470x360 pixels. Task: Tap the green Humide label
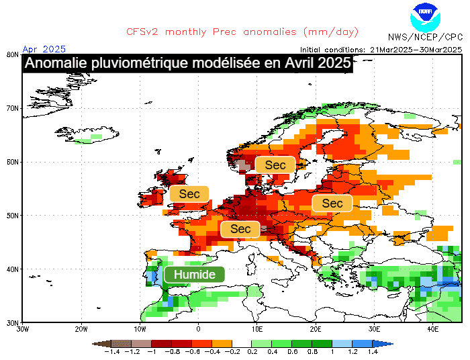tap(194, 275)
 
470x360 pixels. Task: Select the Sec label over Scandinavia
tap(275, 165)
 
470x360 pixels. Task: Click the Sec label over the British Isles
tap(189, 194)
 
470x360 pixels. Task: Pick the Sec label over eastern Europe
tap(332, 204)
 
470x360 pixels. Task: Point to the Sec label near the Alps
tap(240, 229)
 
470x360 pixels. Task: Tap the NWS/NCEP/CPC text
tap(425, 37)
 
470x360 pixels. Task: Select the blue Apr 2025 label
tap(44, 48)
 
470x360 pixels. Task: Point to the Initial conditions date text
tap(381, 49)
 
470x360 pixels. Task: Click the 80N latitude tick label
tap(11, 54)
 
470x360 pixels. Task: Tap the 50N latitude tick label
tap(11, 216)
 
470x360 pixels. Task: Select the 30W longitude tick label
tap(23, 329)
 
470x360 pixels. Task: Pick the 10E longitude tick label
tap(257, 329)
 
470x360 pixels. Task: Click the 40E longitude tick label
tap(433, 329)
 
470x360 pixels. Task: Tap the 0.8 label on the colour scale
tap(313, 352)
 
